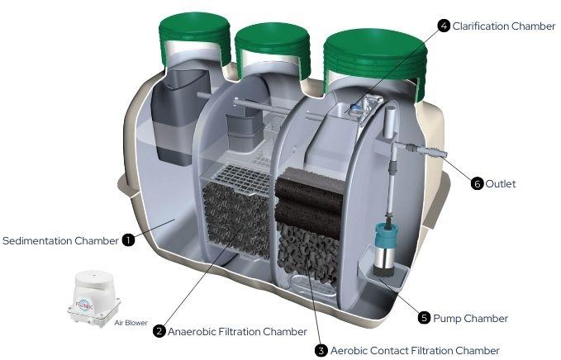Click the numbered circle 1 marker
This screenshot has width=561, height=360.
coord(128,240)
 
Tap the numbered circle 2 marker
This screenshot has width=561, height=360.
coord(159,331)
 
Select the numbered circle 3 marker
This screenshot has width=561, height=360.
coord(321,350)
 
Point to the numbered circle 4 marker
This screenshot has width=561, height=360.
coord(444,26)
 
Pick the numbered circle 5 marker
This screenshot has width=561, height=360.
coord(424,317)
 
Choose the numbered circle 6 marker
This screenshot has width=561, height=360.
coord(477,184)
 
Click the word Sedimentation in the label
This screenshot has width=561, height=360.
coord(37,240)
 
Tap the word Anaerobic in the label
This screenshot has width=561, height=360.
coord(191,332)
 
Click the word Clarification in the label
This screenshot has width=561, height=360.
coord(481,26)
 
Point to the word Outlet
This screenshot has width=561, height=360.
coord(501,184)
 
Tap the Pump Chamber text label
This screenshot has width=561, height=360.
coord(470,318)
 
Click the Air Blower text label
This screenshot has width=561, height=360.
coord(131,323)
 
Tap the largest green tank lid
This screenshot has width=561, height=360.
coord(375,60)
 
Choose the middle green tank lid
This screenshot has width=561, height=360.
coord(273,48)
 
